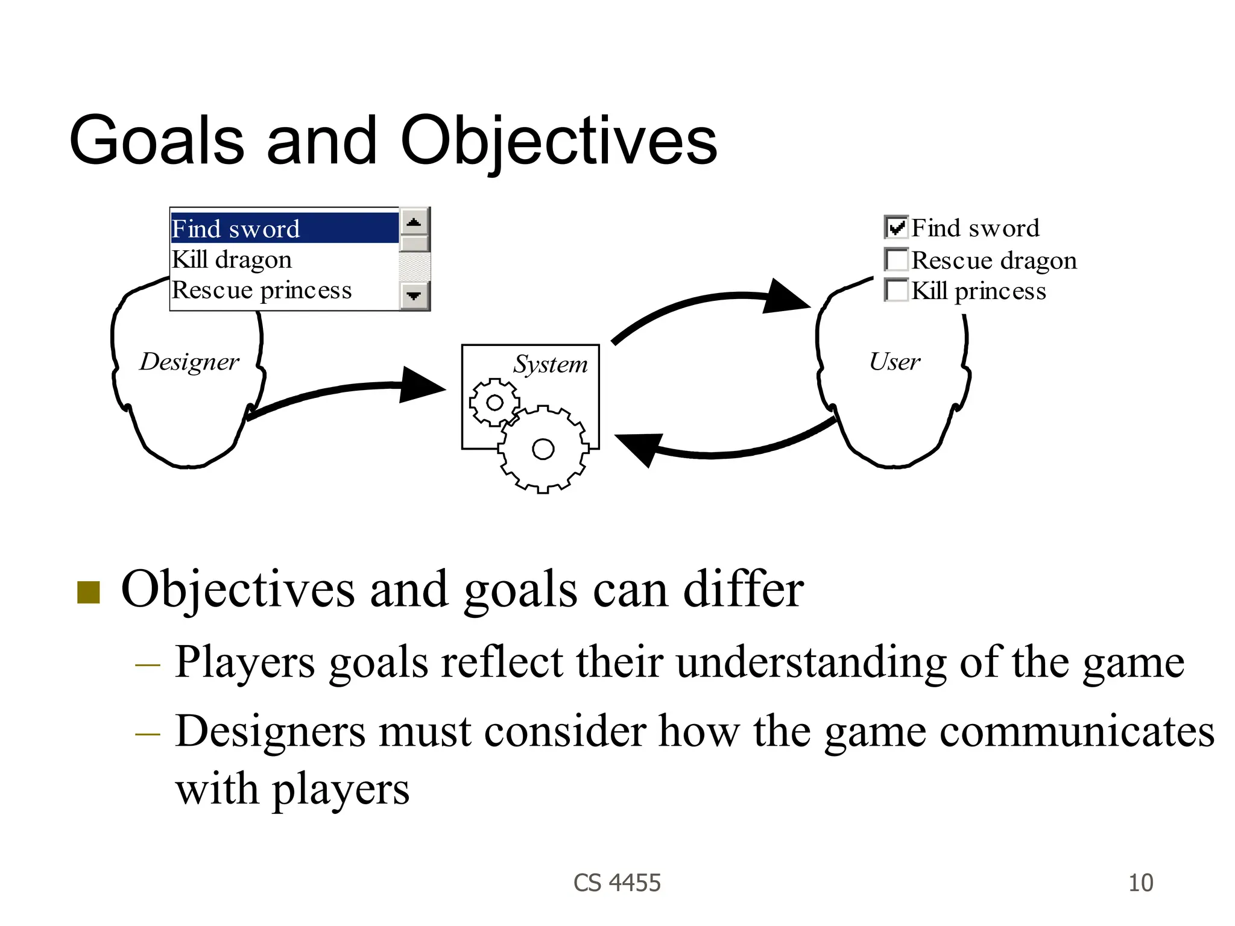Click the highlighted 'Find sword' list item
point(283,228)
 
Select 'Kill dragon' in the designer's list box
point(232,260)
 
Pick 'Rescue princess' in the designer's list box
point(262,291)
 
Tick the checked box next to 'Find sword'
point(896,227)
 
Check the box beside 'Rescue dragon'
point(896,260)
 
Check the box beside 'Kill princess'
point(896,290)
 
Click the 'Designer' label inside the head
point(189,362)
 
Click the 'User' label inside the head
point(894,362)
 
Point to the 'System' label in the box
point(550,364)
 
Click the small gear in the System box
point(494,403)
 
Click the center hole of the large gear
point(543,449)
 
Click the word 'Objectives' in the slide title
point(558,140)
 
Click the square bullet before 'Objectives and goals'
point(89,592)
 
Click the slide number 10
point(1140,883)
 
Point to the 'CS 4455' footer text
point(617,883)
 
